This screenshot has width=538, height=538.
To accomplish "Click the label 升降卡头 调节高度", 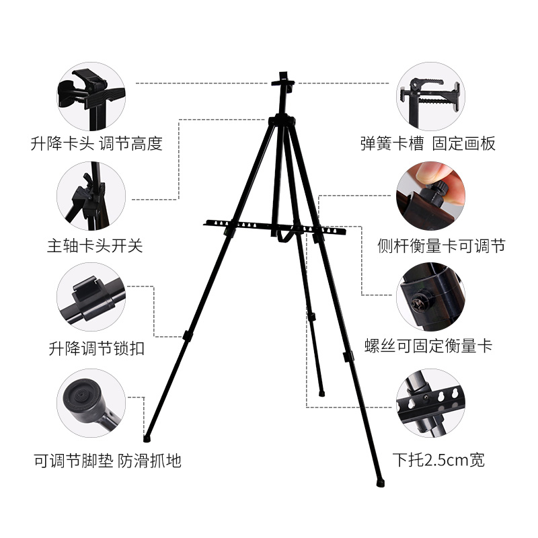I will pos(96,143).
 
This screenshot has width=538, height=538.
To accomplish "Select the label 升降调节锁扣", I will pos(96,349).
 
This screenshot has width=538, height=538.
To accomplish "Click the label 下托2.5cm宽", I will pos(438,461).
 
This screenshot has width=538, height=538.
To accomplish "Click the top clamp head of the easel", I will pos(283,83).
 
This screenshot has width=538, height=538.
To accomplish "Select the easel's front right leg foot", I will pos(381,482).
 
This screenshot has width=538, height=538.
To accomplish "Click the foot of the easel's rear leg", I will pos(321,389).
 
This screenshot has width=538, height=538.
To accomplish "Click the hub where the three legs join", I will pos(281,121).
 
